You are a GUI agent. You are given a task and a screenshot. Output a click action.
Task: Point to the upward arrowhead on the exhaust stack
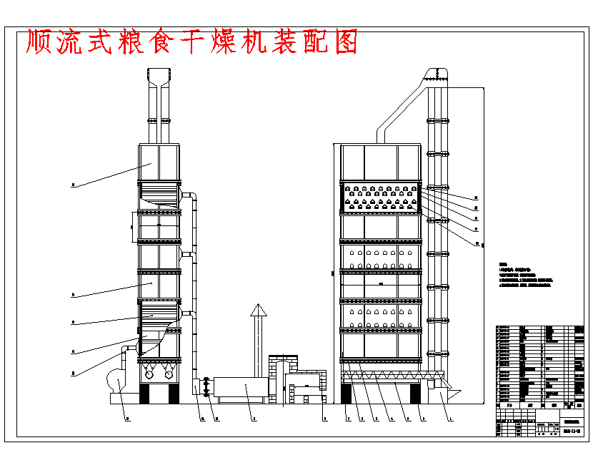coord(257,310)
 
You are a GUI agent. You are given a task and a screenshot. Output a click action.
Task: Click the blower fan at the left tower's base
coord(116,379)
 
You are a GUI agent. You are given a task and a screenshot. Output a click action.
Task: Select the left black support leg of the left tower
coord(149,393)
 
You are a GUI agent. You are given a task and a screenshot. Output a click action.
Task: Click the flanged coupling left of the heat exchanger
coord(207,387)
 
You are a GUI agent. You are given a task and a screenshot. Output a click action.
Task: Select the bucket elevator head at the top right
coord(437,74)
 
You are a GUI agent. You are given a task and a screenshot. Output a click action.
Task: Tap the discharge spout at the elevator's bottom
coord(449,393)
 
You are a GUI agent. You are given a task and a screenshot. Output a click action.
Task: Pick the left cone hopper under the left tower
coord(149,371)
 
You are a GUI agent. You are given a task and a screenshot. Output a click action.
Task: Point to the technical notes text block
coord(525,276)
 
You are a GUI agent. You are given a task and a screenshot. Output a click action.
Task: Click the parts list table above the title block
coord(539,365)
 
